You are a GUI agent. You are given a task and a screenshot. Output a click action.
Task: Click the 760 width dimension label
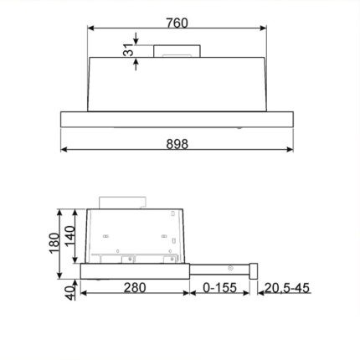tap(177, 23)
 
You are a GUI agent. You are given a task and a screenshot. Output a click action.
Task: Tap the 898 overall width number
tap(177, 144)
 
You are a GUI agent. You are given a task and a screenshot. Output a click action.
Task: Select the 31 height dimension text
tap(129, 50)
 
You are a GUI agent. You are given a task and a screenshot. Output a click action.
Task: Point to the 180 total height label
tap(54, 243)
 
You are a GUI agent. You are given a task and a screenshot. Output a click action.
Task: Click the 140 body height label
tap(70, 236)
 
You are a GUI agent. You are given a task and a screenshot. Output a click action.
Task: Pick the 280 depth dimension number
tap(135, 287)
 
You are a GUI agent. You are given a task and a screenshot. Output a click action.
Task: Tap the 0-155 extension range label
tap(219, 287)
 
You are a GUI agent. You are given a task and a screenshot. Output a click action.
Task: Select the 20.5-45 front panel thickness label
tap(287, 288)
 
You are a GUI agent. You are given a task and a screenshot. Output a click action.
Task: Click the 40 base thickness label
tap(70, 292)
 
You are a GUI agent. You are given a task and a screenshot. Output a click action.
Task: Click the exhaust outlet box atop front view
tap(177, 51)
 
